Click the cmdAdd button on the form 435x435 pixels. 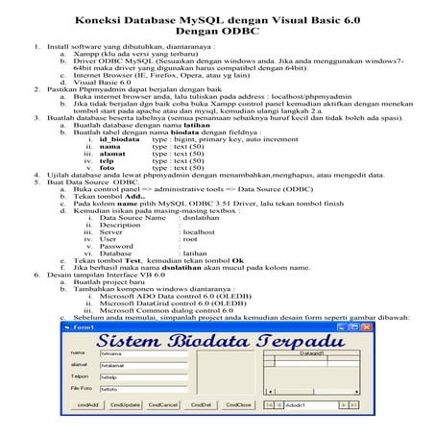tap(89, 404)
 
